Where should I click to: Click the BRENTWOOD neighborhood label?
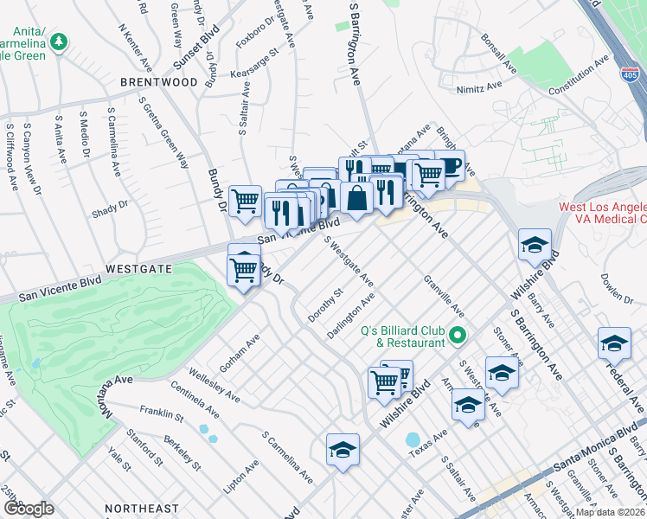tap(159, 82)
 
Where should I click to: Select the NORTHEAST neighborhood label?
tap(142, 509)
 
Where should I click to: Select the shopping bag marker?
tap(356, 198)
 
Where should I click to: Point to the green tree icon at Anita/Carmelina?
tap(59, 41)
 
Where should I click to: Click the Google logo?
tap(28, 508)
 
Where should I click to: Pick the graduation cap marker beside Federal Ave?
tap(614, 343)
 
